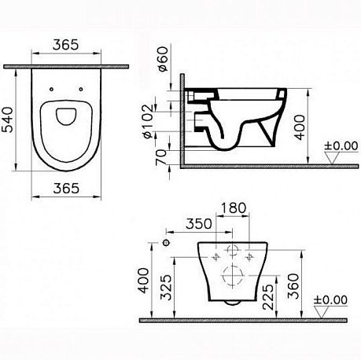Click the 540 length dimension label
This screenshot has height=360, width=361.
7,119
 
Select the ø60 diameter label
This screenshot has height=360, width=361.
163,59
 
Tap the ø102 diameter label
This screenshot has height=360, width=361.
147,121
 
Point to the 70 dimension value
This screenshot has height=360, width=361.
161,157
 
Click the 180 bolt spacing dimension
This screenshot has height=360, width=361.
234,208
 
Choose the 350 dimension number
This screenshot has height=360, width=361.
199,224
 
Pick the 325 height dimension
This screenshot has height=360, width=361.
166,287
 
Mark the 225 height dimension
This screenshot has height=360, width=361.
268,297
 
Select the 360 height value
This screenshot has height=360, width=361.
293,286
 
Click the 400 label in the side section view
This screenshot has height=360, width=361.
300,127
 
